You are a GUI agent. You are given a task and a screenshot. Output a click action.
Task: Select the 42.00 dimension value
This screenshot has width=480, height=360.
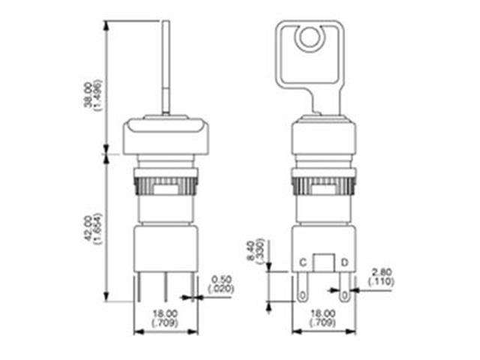[88, 229]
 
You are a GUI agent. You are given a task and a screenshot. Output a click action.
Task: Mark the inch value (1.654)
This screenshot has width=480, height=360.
[97, 229]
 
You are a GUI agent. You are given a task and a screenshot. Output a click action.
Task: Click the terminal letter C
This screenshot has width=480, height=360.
[302, 262]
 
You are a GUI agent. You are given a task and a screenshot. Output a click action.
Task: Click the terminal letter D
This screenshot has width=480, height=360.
[344, 262]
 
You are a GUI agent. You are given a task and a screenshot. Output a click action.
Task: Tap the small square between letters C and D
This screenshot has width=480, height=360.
[323, 263]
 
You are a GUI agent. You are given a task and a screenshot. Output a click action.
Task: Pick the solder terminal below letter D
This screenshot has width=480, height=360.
[344, 286]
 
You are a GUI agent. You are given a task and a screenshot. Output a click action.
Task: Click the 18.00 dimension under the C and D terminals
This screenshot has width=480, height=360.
[323, 316]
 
